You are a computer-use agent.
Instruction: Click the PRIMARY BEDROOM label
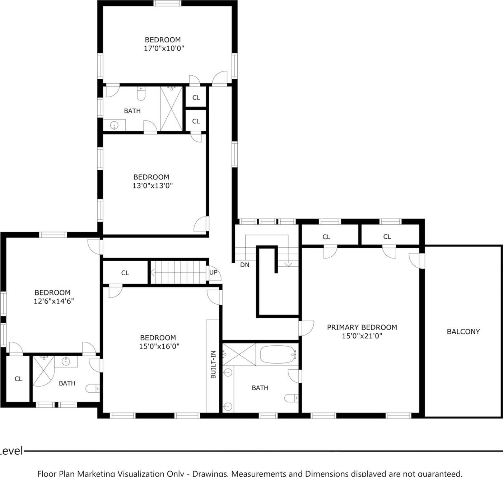[362, 327]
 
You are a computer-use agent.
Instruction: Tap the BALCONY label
[463, 332]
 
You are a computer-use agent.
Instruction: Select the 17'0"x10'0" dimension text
[164, 48]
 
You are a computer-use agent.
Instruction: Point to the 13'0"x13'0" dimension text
[153, 186]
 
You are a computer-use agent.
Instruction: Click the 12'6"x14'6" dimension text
[53, 301]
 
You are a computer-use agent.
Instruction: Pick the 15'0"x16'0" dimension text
[159, 346]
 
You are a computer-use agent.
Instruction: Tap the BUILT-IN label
[213, 364]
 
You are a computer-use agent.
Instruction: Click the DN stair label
[244, 265]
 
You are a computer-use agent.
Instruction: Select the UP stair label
[213, 272]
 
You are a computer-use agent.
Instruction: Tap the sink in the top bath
[114, 126]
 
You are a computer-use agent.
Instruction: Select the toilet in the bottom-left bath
[93, 389]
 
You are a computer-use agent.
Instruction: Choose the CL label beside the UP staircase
[125, 273]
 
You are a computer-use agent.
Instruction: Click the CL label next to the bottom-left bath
[18, 379]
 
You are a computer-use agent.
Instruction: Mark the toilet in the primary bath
[291, 398]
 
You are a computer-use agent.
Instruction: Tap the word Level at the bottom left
[11, 451]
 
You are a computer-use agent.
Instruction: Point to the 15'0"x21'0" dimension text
[362, 336]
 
